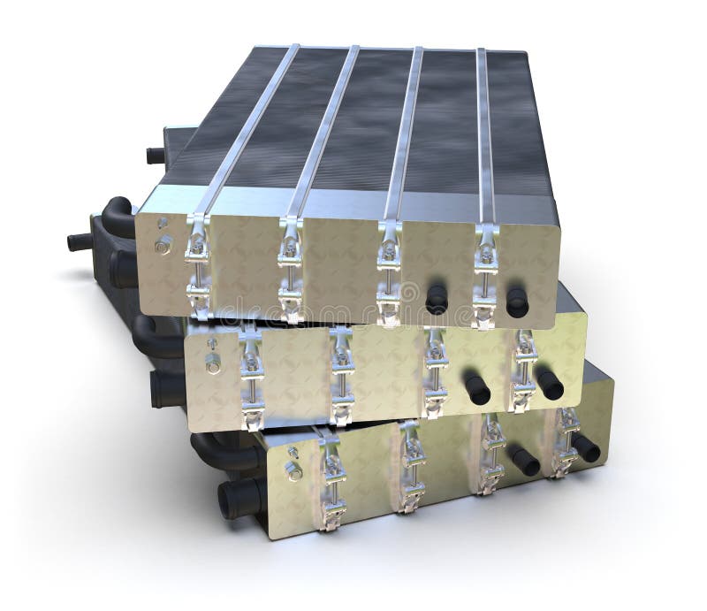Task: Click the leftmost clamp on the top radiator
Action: pos(197,265)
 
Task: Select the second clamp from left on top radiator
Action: pos(291,267)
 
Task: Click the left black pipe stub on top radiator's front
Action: pos(436,298)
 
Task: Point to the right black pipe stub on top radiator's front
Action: pos(517,302)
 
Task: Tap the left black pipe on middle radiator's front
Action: pos(477,388)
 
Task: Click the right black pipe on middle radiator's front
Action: pos(549,383)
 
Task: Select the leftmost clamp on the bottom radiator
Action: pos(331,482)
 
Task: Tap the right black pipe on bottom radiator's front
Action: pos(585,447)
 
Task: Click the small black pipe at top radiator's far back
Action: pos(156,156)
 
